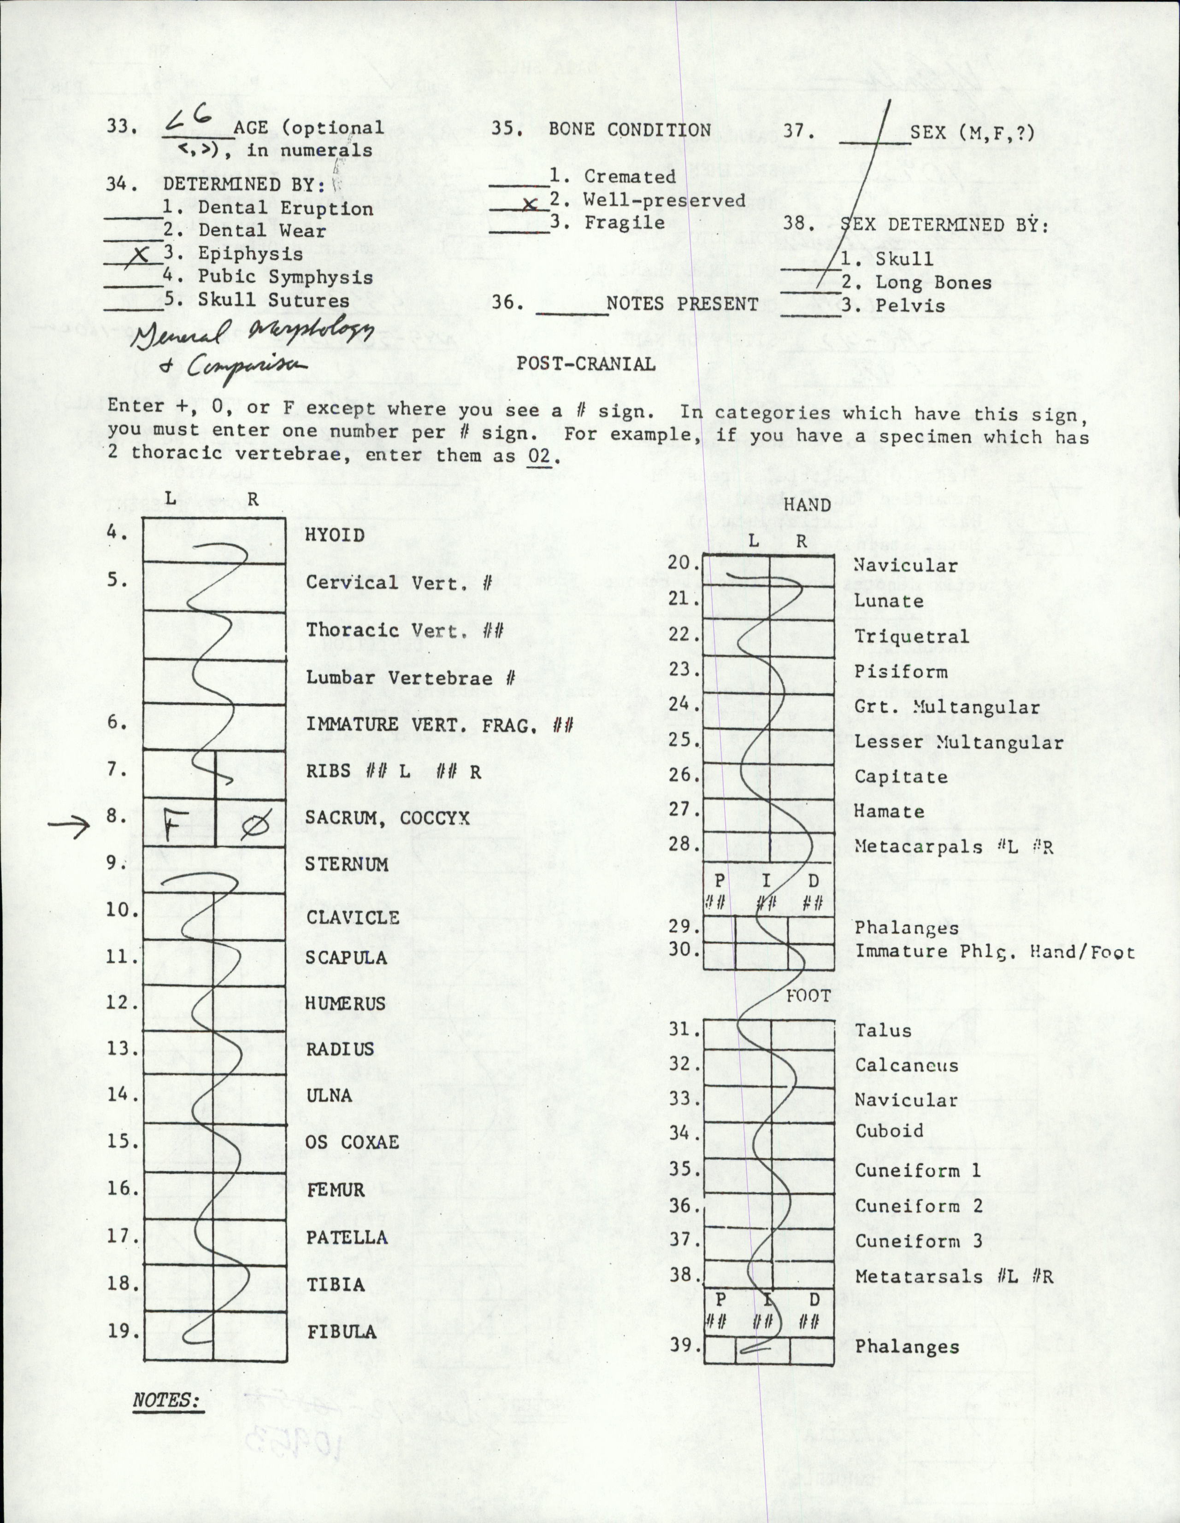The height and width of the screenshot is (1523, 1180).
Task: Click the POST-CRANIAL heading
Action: (586, 364)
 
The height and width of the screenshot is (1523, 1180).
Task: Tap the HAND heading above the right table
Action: (808, 504)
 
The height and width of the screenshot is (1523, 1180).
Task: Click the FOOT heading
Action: (808, 995)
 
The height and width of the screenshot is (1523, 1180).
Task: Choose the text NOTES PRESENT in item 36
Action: (682, 304)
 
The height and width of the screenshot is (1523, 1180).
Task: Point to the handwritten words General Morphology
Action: (251, 339)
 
